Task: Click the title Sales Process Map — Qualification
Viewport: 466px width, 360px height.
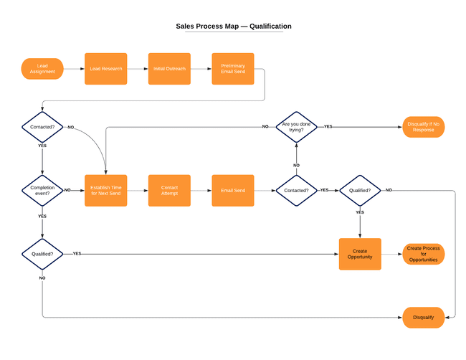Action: [233, 26]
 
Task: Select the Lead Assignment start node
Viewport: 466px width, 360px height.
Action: [42, 69]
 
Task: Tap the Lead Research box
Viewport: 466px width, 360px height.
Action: [106, 69]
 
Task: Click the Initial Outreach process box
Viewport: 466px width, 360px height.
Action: [169, 69]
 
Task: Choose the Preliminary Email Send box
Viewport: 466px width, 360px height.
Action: [232, 69]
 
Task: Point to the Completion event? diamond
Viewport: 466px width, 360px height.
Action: [42, 190]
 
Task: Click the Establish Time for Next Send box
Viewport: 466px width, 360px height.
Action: [106, 190]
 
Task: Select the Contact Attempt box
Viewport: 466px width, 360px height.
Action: [169, 190]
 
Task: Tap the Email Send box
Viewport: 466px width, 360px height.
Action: [232, 190]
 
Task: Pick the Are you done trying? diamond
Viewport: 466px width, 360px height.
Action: [297, 127]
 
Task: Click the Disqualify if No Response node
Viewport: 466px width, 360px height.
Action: [424, 127]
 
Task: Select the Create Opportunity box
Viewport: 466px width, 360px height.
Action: [360, 254]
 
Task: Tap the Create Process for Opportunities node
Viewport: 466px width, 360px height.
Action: [424, 254]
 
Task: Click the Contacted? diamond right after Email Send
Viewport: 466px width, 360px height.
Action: [297, 190]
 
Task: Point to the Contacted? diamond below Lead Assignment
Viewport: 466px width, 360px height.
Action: [42, 127]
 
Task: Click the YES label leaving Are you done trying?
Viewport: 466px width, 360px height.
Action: [328, 126]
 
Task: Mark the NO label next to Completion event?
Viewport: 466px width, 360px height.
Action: [67, 190]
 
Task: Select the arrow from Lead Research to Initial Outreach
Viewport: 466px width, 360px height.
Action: [138, 69]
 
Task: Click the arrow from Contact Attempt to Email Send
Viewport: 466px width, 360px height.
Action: [201, 190]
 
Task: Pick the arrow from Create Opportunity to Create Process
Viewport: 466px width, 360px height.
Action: [391, 254]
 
